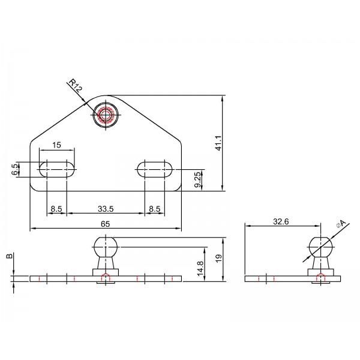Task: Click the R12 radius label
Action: pyautogui.click(x=76, y=85)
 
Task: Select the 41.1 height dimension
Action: pyautogui.click(x=218, y=143)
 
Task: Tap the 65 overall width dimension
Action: pyautogui.click(x=106, y=224)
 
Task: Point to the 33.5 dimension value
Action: pyautogui.click(x=106, y=209)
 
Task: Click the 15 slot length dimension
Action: pyautogui.click(x=56, y=145)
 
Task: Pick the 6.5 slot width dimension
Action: pyautogui.click(x=15, y=169)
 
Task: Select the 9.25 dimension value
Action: pyautogui.click(x=198, y=180)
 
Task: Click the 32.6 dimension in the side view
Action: pyautogui.click(x=281, y=221)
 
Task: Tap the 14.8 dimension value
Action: pyautogui.click(x=200, y=268)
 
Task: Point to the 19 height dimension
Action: pyautogui.click(x=219, y=258)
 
